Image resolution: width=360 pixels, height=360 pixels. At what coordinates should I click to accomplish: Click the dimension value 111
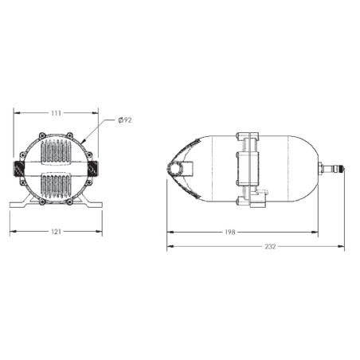click(x=56, y=113)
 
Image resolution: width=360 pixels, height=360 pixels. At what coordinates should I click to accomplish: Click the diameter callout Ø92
click(x=124, y=119)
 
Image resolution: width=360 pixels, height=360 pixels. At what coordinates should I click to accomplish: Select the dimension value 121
click(x=56, y=233)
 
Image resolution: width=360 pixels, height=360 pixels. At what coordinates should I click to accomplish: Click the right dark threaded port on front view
click(x=92, y=169)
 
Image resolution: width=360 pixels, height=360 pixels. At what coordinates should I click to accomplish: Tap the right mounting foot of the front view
click(x=90, y=205)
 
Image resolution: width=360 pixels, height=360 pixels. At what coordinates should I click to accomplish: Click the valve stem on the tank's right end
click(x=331, y=168)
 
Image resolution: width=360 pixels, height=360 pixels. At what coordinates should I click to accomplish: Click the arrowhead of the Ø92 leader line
click(x=83, y=143)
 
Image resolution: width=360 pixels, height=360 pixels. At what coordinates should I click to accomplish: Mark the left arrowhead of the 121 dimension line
click(x=12, y=233)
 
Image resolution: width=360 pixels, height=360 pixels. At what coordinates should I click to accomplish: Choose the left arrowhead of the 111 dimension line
click(x=16, y=113)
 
